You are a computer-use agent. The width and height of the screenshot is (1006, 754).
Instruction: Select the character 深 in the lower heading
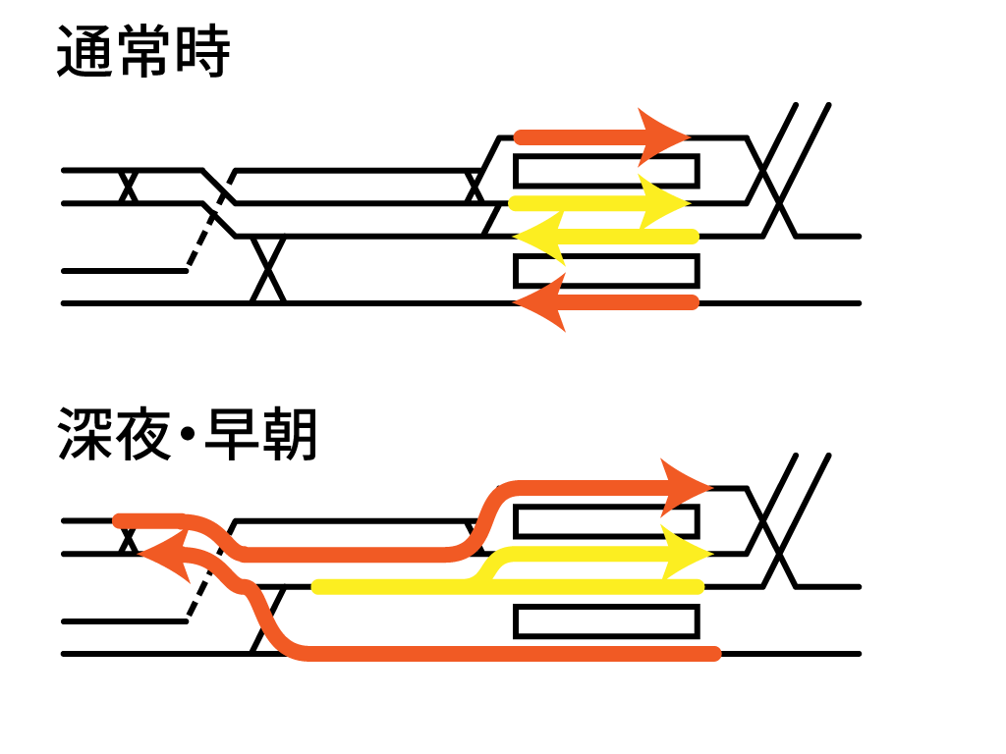click(x=84, y=435)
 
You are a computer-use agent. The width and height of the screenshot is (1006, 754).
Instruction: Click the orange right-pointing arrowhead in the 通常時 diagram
click(x=665, y=135)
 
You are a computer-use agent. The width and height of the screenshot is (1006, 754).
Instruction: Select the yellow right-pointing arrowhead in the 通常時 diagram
click(x=663, y=203)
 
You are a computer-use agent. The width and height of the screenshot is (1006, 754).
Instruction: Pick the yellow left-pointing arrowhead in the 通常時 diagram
click(x=540, y=237)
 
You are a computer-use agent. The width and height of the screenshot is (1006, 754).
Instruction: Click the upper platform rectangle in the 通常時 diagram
click(x=606, y=171)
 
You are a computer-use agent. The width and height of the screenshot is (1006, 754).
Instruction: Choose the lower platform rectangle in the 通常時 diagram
click(x=606, y=270)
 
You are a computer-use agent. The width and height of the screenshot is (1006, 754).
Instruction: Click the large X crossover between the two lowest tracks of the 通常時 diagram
click(x=268, y=269)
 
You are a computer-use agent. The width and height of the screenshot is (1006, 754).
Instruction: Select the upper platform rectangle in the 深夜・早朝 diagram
click(x=606, y=521)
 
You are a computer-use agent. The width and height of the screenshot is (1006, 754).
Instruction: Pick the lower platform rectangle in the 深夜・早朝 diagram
click(x=606, y=620)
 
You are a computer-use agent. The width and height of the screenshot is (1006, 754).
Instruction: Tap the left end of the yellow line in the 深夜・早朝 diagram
click(x=317, y=587)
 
